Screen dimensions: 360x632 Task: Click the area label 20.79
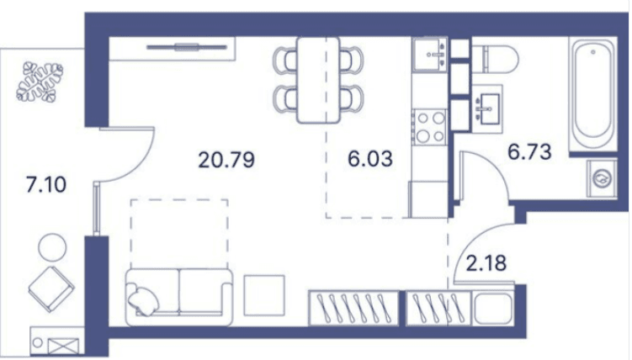tap(226, 158)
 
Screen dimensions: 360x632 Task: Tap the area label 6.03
tap(370, 158)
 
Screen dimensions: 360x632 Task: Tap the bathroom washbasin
tap(486, 110)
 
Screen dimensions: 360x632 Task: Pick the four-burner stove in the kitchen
tap(429, 127)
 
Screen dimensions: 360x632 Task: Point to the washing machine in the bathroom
tap(602, 178)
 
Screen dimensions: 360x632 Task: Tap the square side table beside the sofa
tap(264, 295)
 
